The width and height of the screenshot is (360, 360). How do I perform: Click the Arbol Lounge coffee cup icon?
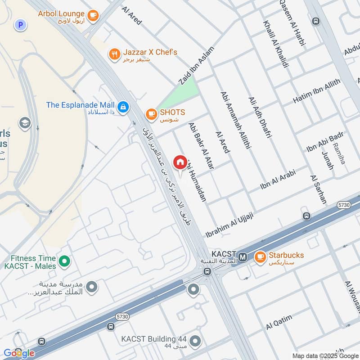[93, 16]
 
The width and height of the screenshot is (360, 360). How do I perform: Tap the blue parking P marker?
[20, 25]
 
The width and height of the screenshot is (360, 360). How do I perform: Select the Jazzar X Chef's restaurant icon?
[114, 55]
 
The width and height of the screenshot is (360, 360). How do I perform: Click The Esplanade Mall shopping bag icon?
[123, 107]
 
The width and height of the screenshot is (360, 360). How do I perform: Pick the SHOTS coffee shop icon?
[151, 115]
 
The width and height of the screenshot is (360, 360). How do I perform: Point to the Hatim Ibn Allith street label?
[317, 91]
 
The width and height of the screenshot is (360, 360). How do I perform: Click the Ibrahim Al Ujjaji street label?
[229, 225]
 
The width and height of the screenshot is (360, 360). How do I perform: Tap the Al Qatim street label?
[279, 322]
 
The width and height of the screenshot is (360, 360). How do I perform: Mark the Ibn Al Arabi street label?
[283, 179]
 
